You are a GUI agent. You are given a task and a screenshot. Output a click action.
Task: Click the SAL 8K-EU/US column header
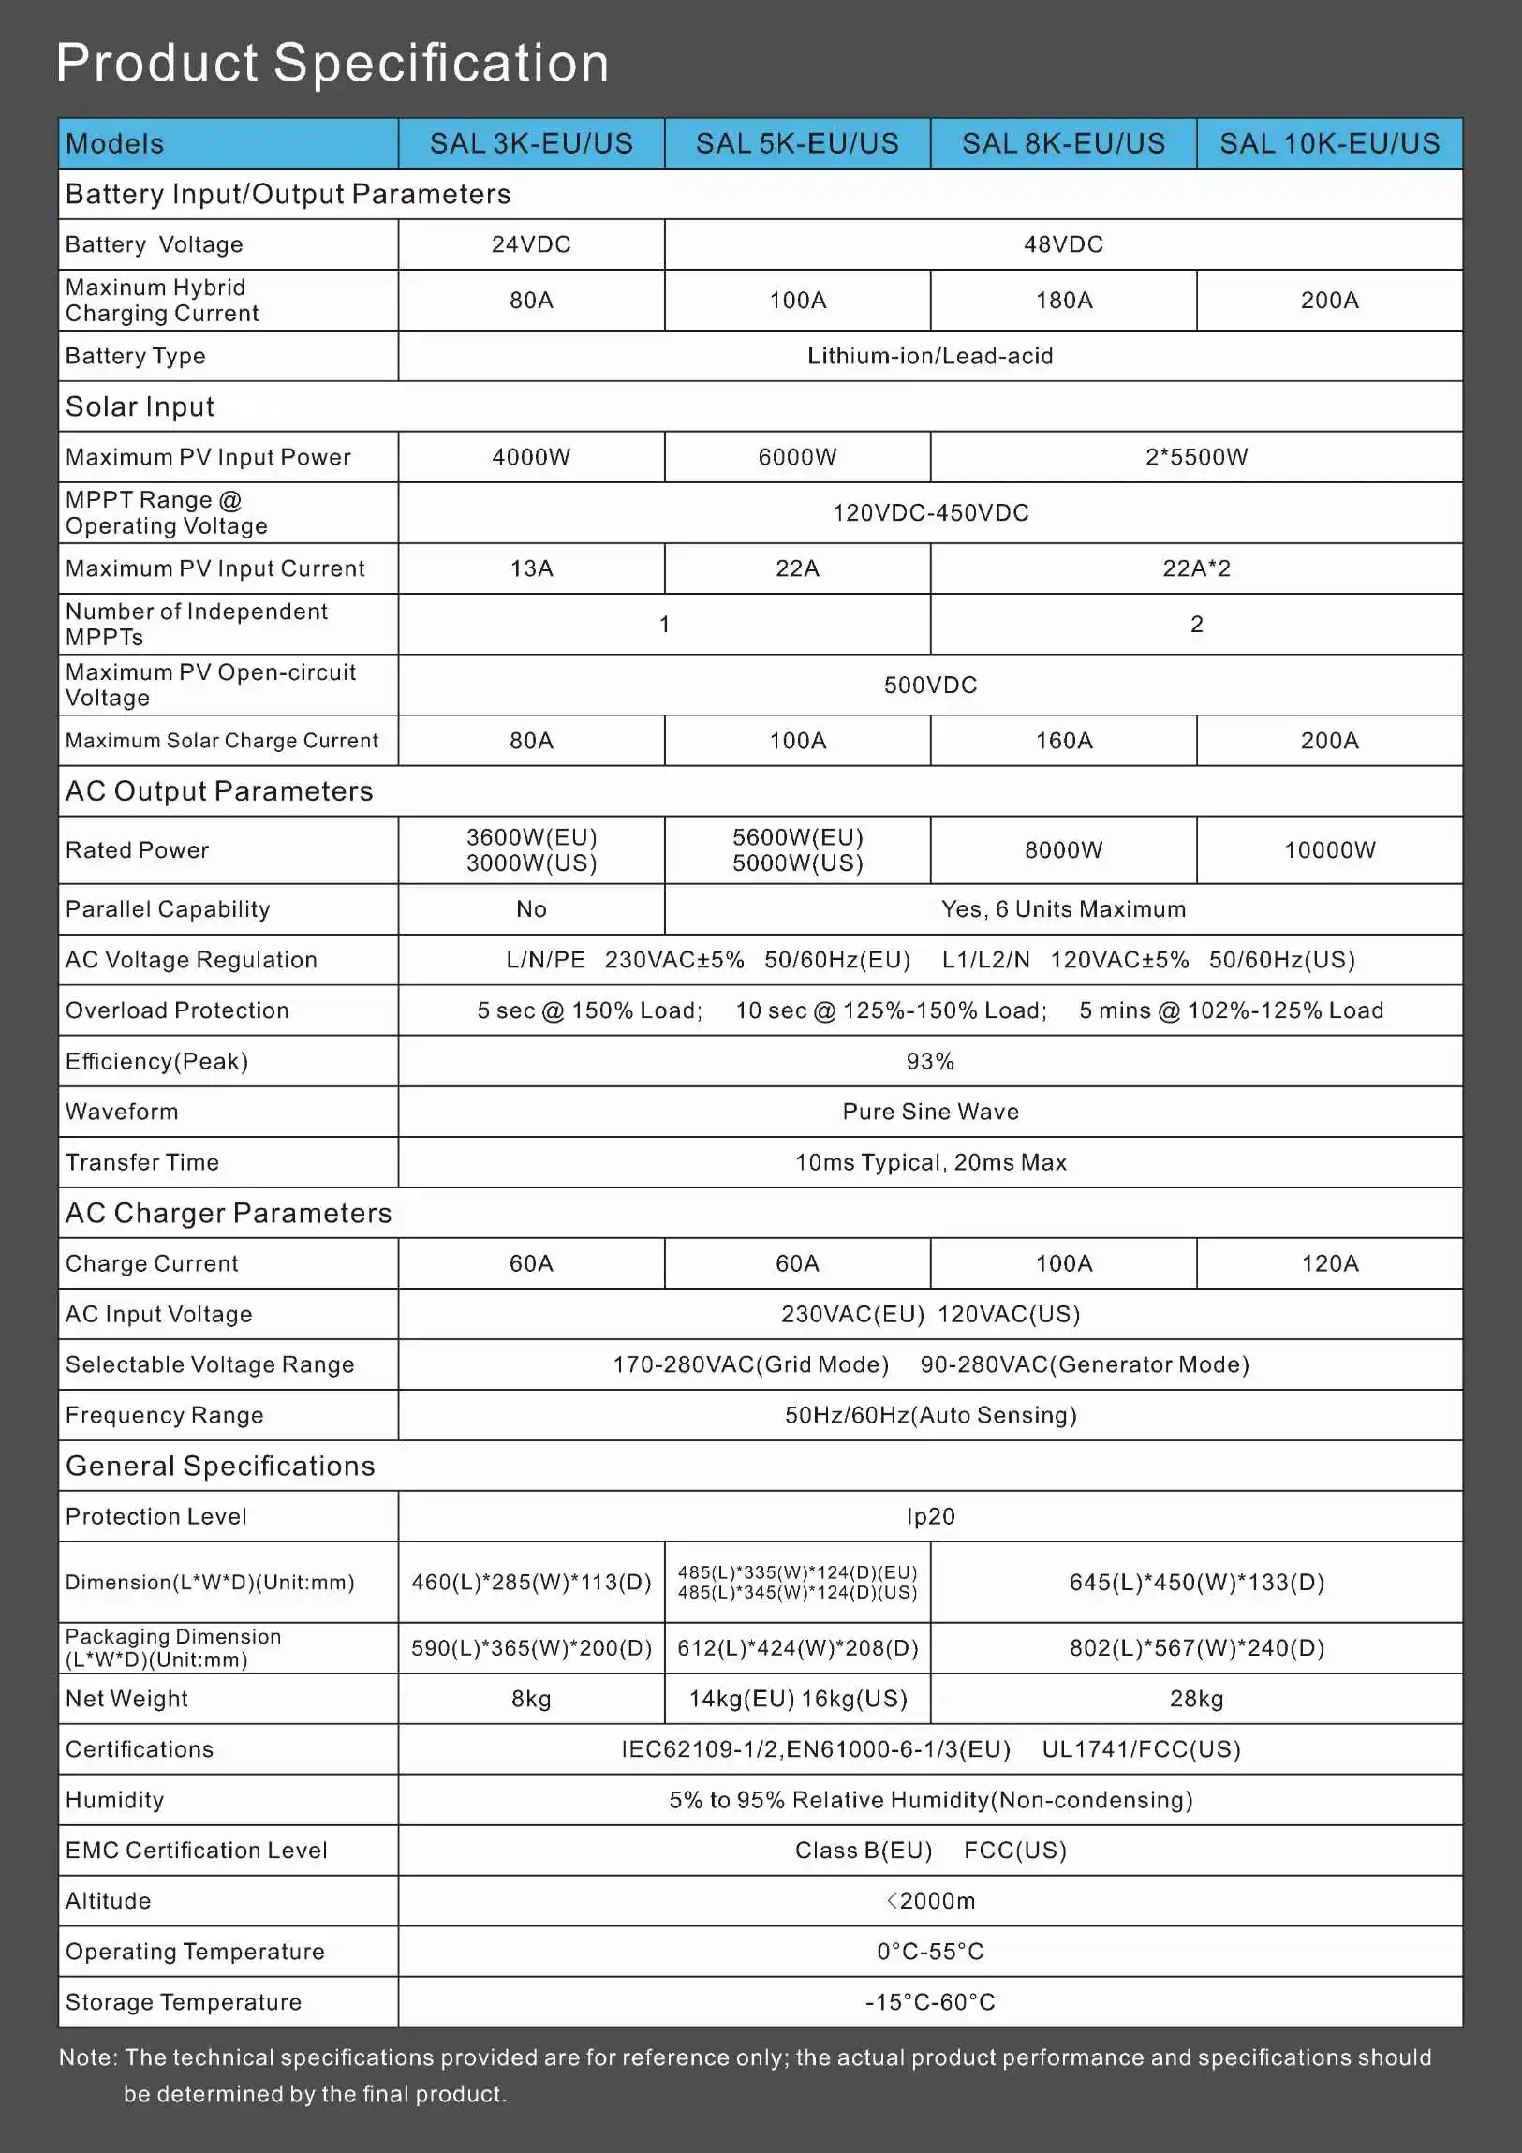click(x=1063, y=143)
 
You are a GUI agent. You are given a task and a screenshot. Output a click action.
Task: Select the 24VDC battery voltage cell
click(x=531, y=244)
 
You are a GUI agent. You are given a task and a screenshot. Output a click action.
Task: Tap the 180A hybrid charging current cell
click(x=1063, y=300)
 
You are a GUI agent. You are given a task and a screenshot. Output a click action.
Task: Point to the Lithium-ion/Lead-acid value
click(x=929, y=356)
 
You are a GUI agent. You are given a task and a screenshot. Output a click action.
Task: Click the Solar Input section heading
click(x=140, y=407)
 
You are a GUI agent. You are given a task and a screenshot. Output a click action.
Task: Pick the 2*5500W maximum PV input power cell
click(x=1196, y=458)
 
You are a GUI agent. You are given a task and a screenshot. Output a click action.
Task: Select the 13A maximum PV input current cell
click(x=531, y=568)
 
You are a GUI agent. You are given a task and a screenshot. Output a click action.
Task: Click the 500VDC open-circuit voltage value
click(x=929, y=686)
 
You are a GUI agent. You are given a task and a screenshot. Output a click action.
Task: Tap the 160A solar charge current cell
click(x=1063, y=741)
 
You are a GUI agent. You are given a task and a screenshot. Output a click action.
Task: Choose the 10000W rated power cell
click(x=1329, y=850)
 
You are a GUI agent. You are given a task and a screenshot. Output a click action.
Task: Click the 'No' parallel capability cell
click(x=531, y=909)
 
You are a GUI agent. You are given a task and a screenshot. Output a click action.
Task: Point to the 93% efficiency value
click(x=929, y=1061)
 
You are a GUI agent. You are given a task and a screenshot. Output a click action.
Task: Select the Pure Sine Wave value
click(x=929, y=1113)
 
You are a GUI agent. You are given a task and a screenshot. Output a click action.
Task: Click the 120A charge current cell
click(x=1329, y=1264)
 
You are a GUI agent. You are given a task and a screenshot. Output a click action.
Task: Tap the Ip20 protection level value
click(x=929, y=1517)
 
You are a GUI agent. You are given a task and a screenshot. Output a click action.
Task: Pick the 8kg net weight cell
click(x=531, y=1699)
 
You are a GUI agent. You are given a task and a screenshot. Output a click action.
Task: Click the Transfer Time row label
click(x=141, y=1163)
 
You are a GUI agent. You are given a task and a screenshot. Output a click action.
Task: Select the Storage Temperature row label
click(x=183, y=2003)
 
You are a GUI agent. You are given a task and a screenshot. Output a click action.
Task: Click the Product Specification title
click(x=332, y=64)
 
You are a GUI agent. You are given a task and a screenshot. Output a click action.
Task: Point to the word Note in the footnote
click(x=86, y=2057)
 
